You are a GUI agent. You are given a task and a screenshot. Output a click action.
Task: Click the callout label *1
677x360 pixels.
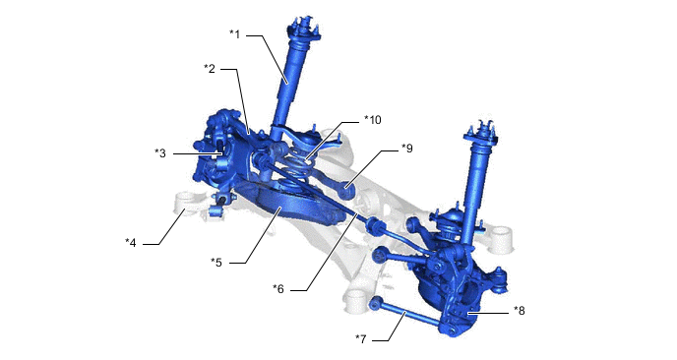point(235,34)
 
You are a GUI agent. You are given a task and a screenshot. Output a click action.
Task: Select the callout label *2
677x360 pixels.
point(210,69)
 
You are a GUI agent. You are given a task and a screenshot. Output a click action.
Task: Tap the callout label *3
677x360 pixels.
point(160,153)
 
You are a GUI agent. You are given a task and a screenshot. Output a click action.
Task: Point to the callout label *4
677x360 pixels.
point(131,243)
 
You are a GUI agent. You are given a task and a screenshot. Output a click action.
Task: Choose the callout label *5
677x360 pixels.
point(216,262)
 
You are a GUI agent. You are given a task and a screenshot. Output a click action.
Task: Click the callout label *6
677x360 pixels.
point(278,289)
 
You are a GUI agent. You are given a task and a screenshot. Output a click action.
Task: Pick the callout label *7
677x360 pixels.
point(361,339)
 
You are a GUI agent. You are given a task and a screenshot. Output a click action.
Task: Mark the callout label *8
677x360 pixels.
point(520,311)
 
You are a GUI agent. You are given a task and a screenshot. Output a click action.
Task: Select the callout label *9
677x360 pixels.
point(407,149)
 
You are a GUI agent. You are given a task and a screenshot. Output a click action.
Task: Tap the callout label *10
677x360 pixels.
point(373,120)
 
